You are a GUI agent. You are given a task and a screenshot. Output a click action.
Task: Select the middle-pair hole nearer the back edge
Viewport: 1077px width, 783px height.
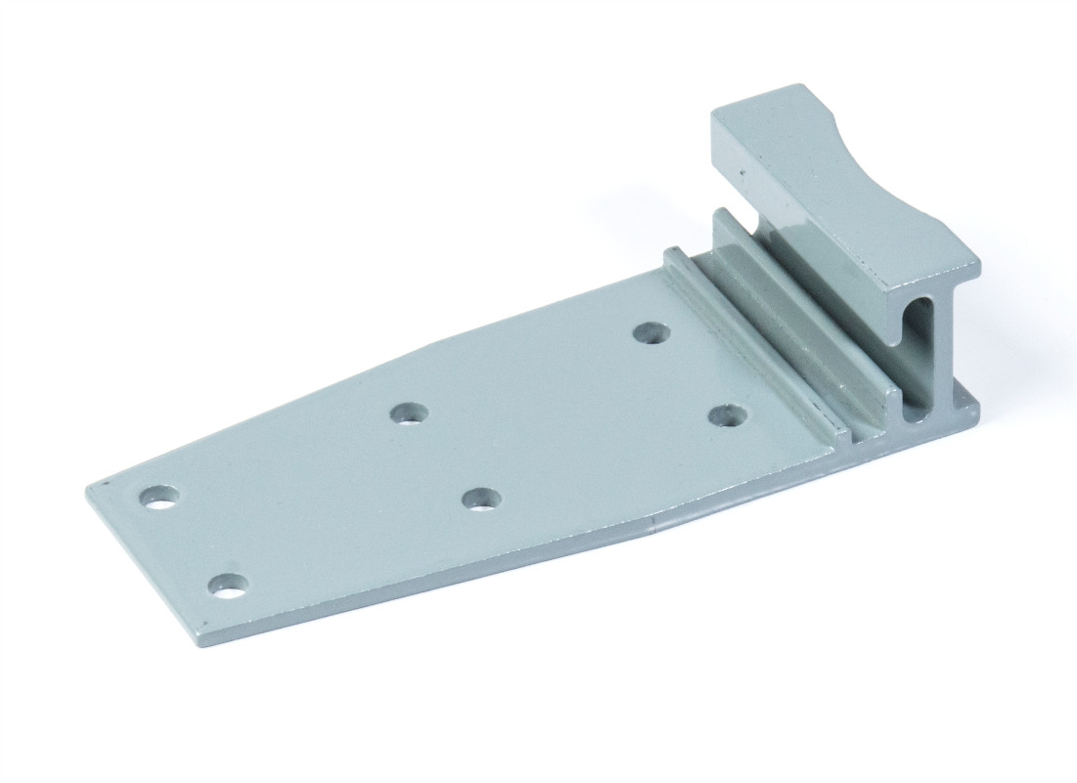(x=410, y=413)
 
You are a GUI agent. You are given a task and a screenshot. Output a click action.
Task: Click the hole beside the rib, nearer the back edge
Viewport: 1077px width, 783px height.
(x=651, y=333)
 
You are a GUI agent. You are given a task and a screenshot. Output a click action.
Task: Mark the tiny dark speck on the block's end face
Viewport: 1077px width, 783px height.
(x=741, y=178)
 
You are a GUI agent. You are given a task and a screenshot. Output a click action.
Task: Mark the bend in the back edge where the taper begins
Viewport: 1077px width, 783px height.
(x=430, y=341)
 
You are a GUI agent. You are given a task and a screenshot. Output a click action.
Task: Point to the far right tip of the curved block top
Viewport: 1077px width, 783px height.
(x=976, y=264)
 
